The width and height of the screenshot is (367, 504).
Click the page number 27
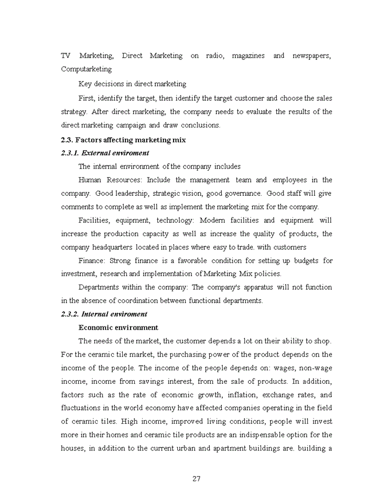click(x=197, y=478)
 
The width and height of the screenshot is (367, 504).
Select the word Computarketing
click(x=86, y=69)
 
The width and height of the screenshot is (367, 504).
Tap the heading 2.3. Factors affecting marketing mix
click(x=123, y=140)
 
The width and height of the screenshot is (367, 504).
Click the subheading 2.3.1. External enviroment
click(x=105, y=153)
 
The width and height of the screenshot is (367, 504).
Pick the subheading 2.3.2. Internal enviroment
click(x=104, y=314)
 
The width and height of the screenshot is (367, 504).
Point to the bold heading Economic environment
click(x=118, y=328)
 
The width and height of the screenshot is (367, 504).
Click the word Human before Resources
click(x=90, y=180)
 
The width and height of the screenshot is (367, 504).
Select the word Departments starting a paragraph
click(x=99, y=287)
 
